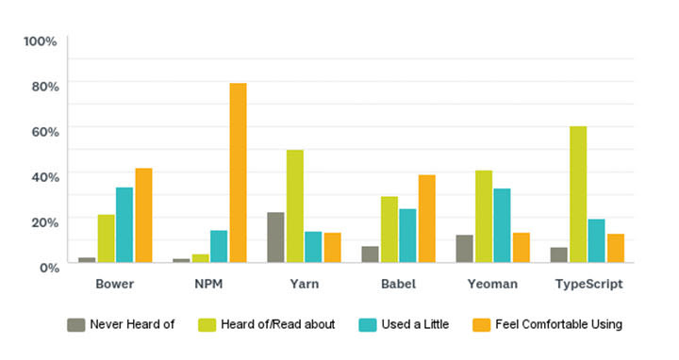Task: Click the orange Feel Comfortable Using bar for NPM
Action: tap(238, 173)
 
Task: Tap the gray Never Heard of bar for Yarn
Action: tap(275, 237)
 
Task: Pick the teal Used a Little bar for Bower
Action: tap(124, 225)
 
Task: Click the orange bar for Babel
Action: tap(427, 219)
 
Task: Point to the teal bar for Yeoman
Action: tap(502, 226)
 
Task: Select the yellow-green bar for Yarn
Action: tap(295, 206)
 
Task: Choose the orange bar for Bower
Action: tap(143, 216)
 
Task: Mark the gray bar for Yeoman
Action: tap(464, 249)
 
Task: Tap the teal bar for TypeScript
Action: tap(597, 241)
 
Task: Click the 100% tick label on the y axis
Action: tap(41, 41)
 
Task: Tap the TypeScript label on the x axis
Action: tap(588, 284)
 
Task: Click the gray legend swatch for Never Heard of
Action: tap(76, 325)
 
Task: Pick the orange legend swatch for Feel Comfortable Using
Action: tap(480, 325)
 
